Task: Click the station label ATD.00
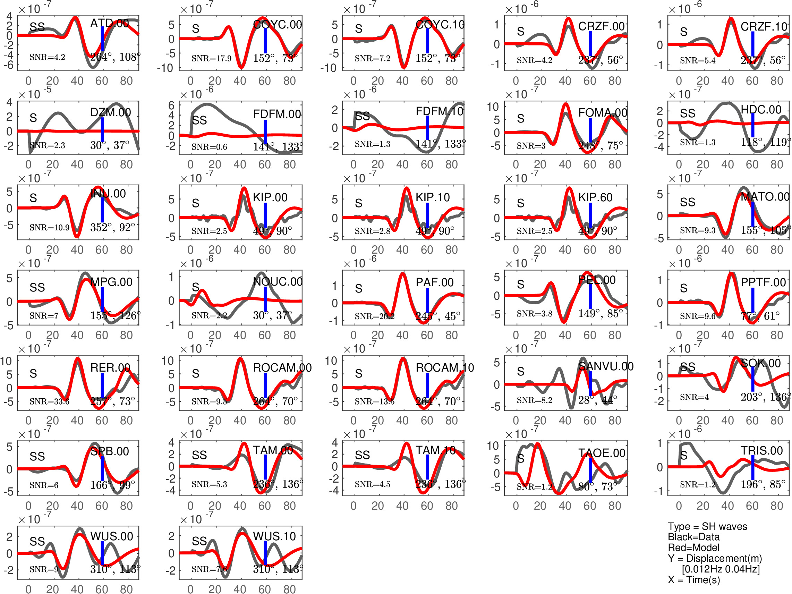tap(109, 24)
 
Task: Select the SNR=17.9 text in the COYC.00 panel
tap(211, 58)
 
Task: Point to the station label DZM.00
tap(110, 112)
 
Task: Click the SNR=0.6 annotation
tap(209, 147)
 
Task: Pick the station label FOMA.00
tap(603, 113)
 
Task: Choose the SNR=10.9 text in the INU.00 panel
tap(49, 227)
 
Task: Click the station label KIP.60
tap(595, 197)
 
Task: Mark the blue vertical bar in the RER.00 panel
tap(102, 385)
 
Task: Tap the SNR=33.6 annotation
tap(49, 401)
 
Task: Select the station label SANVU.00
tap(606, 366)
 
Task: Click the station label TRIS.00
tap(761, 450)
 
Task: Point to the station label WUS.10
tap(274, 536)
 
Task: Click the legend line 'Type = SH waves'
tap(707, 526)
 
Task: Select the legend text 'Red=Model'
tap(693, 548)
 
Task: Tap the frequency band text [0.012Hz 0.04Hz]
tap(721, 569)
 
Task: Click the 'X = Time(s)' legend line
tap(693, 580)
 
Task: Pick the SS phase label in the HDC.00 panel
tap(688, 113)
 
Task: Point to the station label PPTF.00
tap(763, 282)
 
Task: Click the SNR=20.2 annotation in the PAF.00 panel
tap(374, 316)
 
